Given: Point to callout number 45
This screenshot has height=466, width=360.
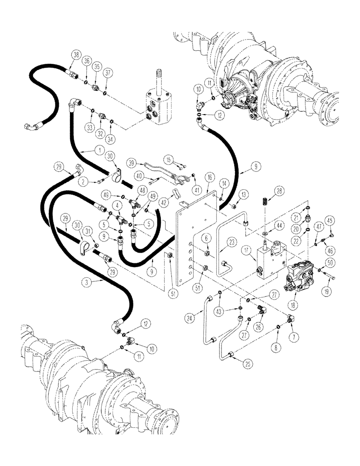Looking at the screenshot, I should click(x=329, y=221).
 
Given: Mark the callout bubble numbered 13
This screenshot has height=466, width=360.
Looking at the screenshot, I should click(x=244, y=193).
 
